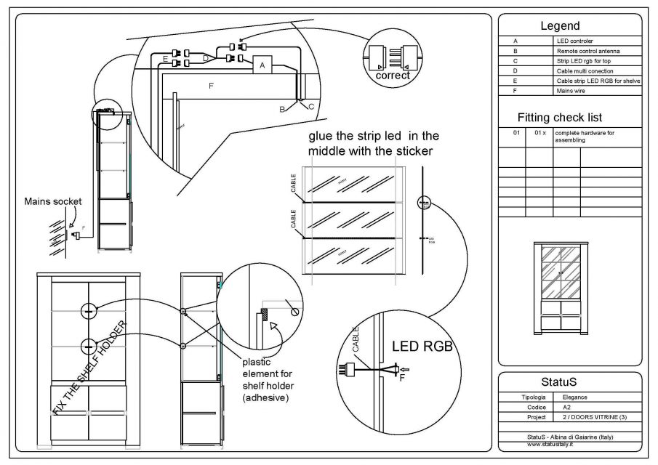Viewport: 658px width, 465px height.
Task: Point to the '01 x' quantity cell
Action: [539, 134]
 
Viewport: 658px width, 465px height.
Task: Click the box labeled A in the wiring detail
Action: [261, 65]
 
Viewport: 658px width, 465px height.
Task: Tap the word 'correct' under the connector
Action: [393, 76]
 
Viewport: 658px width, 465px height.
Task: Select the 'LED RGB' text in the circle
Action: [422, 347]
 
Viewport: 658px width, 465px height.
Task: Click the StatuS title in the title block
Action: [569, 382]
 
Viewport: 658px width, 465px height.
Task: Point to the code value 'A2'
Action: [567, 408]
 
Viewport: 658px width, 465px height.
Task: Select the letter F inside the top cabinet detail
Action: [211, 86]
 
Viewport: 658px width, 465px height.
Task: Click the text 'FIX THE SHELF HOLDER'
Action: [90, 368]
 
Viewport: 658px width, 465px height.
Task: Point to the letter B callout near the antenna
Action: [282, 108]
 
